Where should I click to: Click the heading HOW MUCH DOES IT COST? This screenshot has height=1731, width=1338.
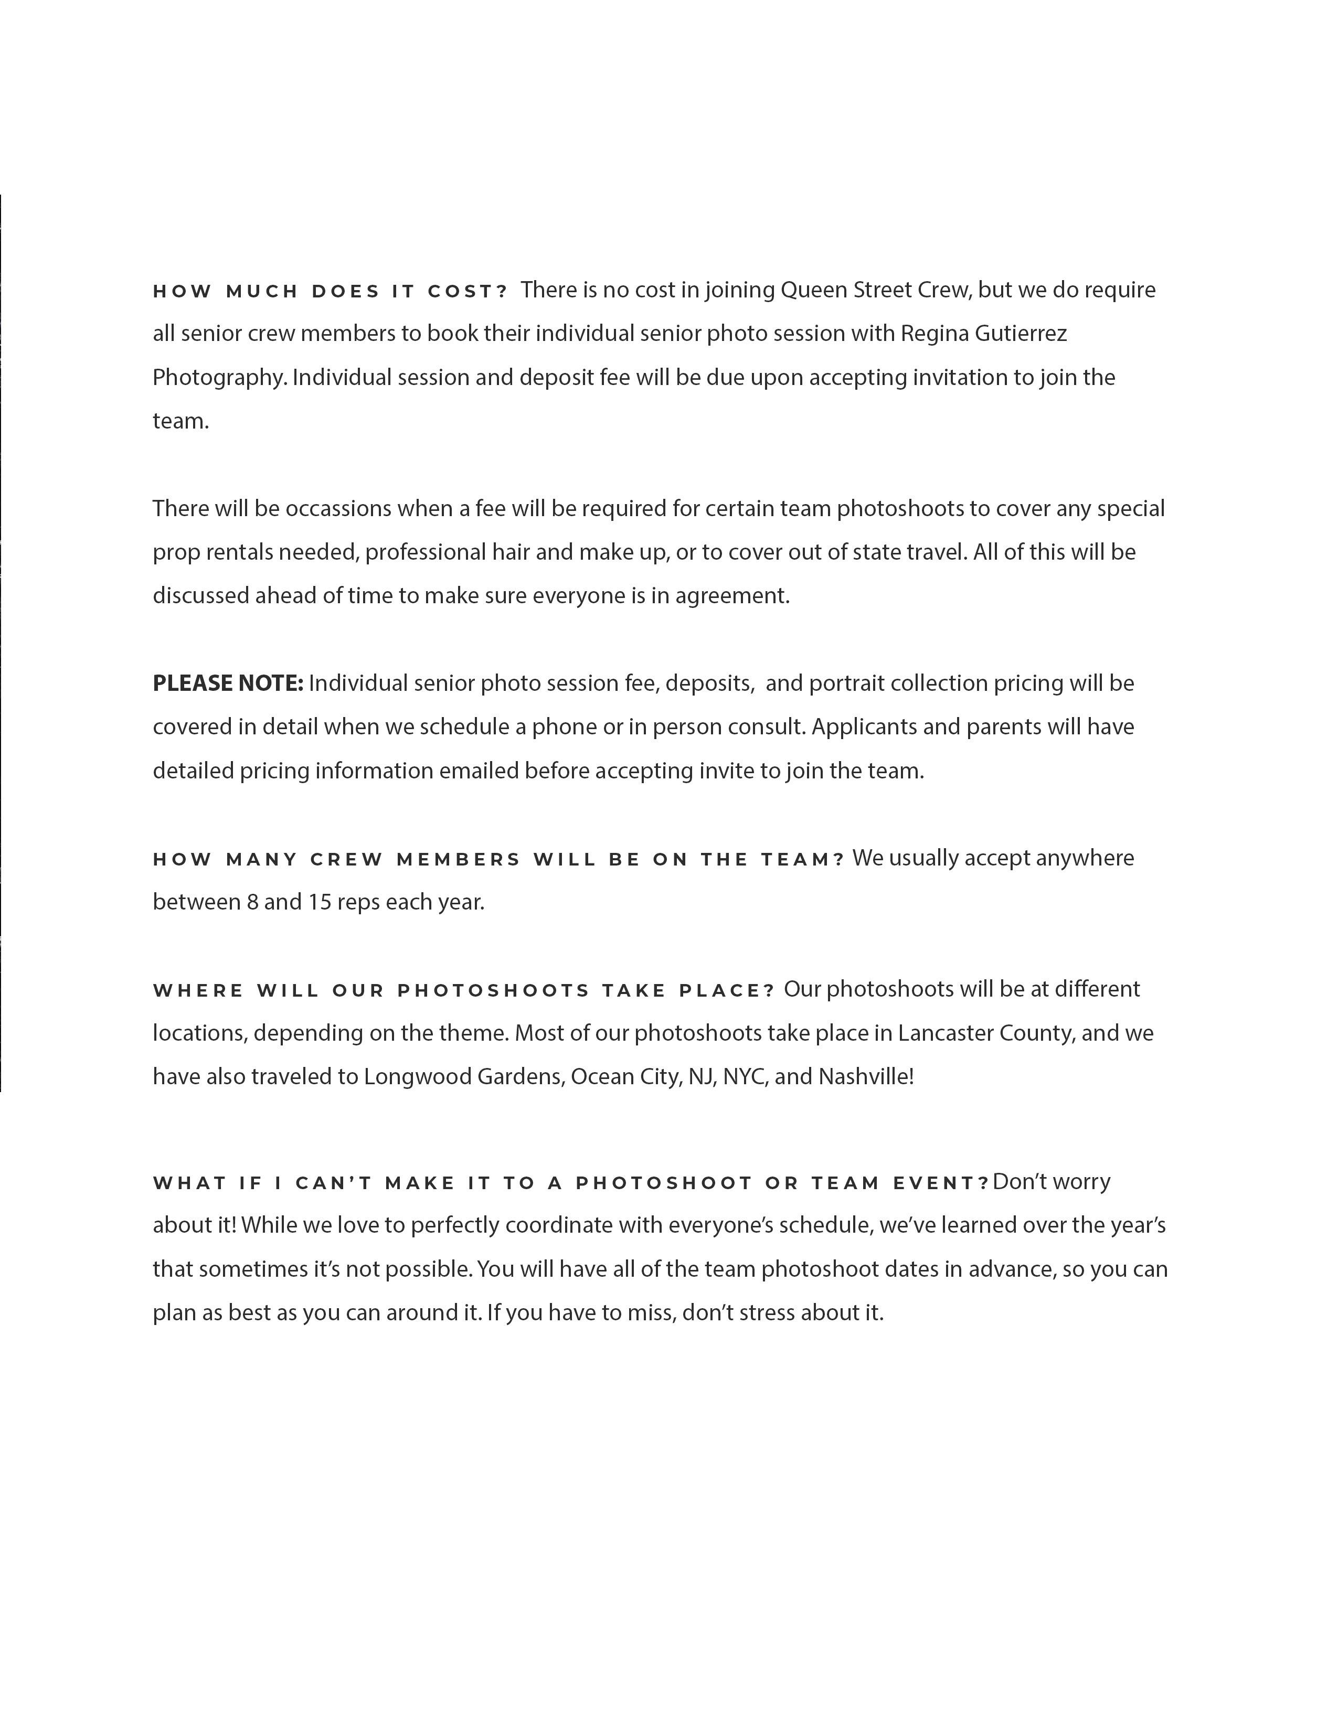(329, 292)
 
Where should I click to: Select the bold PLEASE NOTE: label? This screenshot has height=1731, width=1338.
(228, 683)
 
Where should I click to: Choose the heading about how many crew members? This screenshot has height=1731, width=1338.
(498, 860)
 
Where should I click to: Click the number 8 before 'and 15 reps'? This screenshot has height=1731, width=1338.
(252, 903)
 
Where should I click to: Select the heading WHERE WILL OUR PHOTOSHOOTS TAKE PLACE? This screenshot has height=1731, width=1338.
(463, 991)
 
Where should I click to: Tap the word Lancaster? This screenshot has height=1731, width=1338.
(945, 1033)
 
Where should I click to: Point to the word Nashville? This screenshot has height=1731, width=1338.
(865, 1077)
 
